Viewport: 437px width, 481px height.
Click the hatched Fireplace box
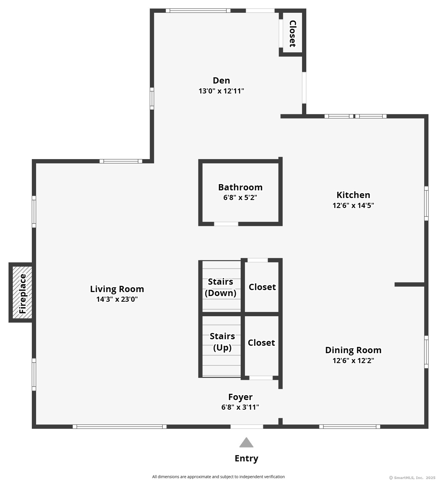click(x=22, y=292)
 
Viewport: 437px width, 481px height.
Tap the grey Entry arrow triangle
click(x=246, y=443)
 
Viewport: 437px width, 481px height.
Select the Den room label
click(x=221, y=81)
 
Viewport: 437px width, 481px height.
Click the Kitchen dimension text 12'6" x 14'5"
click(x=353, y=205)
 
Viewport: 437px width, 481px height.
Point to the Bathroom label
click(x=240, y=188)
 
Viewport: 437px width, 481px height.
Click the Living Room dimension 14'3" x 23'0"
click(x=117, y=299)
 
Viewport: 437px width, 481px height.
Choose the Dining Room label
click(x=353, y=350)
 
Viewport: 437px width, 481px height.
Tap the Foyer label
click(x=240, y=397)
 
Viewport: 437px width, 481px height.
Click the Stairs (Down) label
click(x=221, y=287)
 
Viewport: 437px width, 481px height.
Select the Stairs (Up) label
click(x=222, y=342)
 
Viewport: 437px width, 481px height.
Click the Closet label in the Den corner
click(x=292, y=34)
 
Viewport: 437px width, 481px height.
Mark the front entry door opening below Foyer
click(x=247, y=426)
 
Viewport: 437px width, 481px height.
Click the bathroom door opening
click(x=226, y=224)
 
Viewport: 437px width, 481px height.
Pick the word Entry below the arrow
click(x=246, y=459)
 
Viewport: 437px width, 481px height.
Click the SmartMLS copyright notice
click(x=412, y=478)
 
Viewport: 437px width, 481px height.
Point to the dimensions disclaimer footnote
click(x=218, y=477)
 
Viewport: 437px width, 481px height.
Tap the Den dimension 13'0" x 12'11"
click(x=221, y=91)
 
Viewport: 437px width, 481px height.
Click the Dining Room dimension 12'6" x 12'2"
click(x=353, y=361)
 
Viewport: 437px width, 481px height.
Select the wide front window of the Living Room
click(x=119, y=426)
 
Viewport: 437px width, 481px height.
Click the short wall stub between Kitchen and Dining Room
click(x=409, y=284)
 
